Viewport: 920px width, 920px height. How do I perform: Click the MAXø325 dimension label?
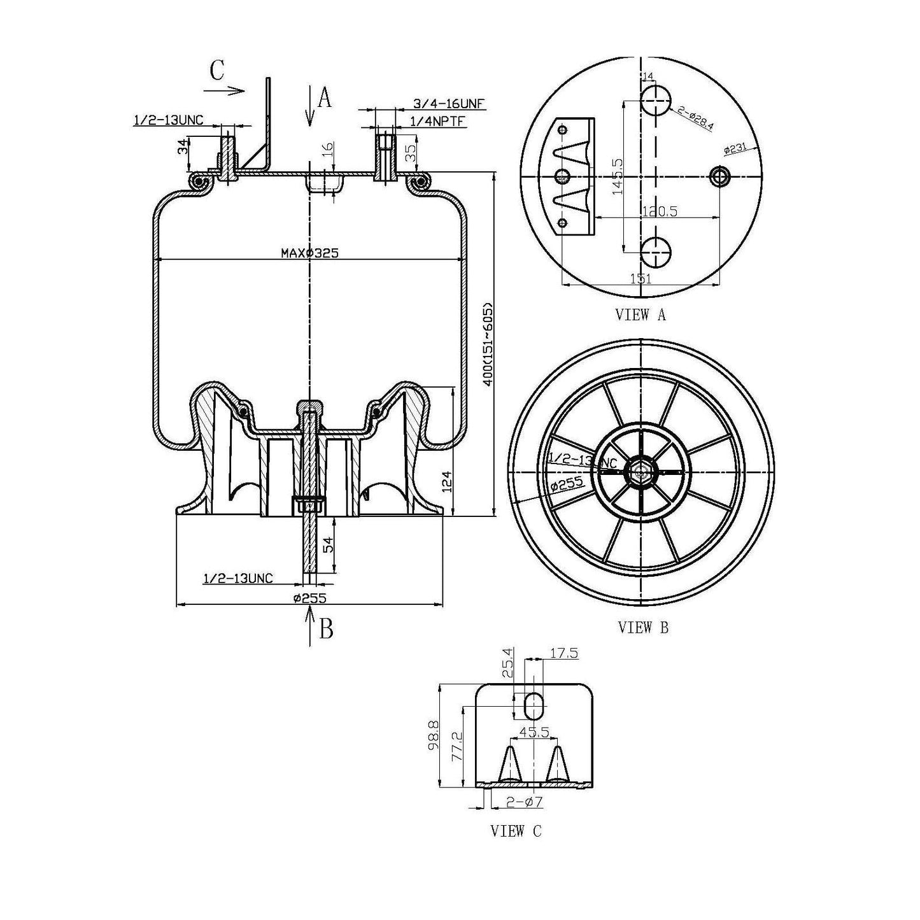309,253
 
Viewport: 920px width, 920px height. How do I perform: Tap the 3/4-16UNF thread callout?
445,104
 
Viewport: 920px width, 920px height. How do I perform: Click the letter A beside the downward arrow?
325,99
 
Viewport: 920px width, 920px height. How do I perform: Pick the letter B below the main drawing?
326,629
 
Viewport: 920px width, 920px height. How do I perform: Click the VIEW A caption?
640,315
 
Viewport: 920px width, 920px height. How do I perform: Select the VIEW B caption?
643,628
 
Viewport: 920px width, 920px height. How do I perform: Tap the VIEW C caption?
516,831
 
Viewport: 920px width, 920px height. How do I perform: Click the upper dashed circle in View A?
655,101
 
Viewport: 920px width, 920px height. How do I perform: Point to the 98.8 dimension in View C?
433,736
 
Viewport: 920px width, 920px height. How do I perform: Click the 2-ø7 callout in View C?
525,802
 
